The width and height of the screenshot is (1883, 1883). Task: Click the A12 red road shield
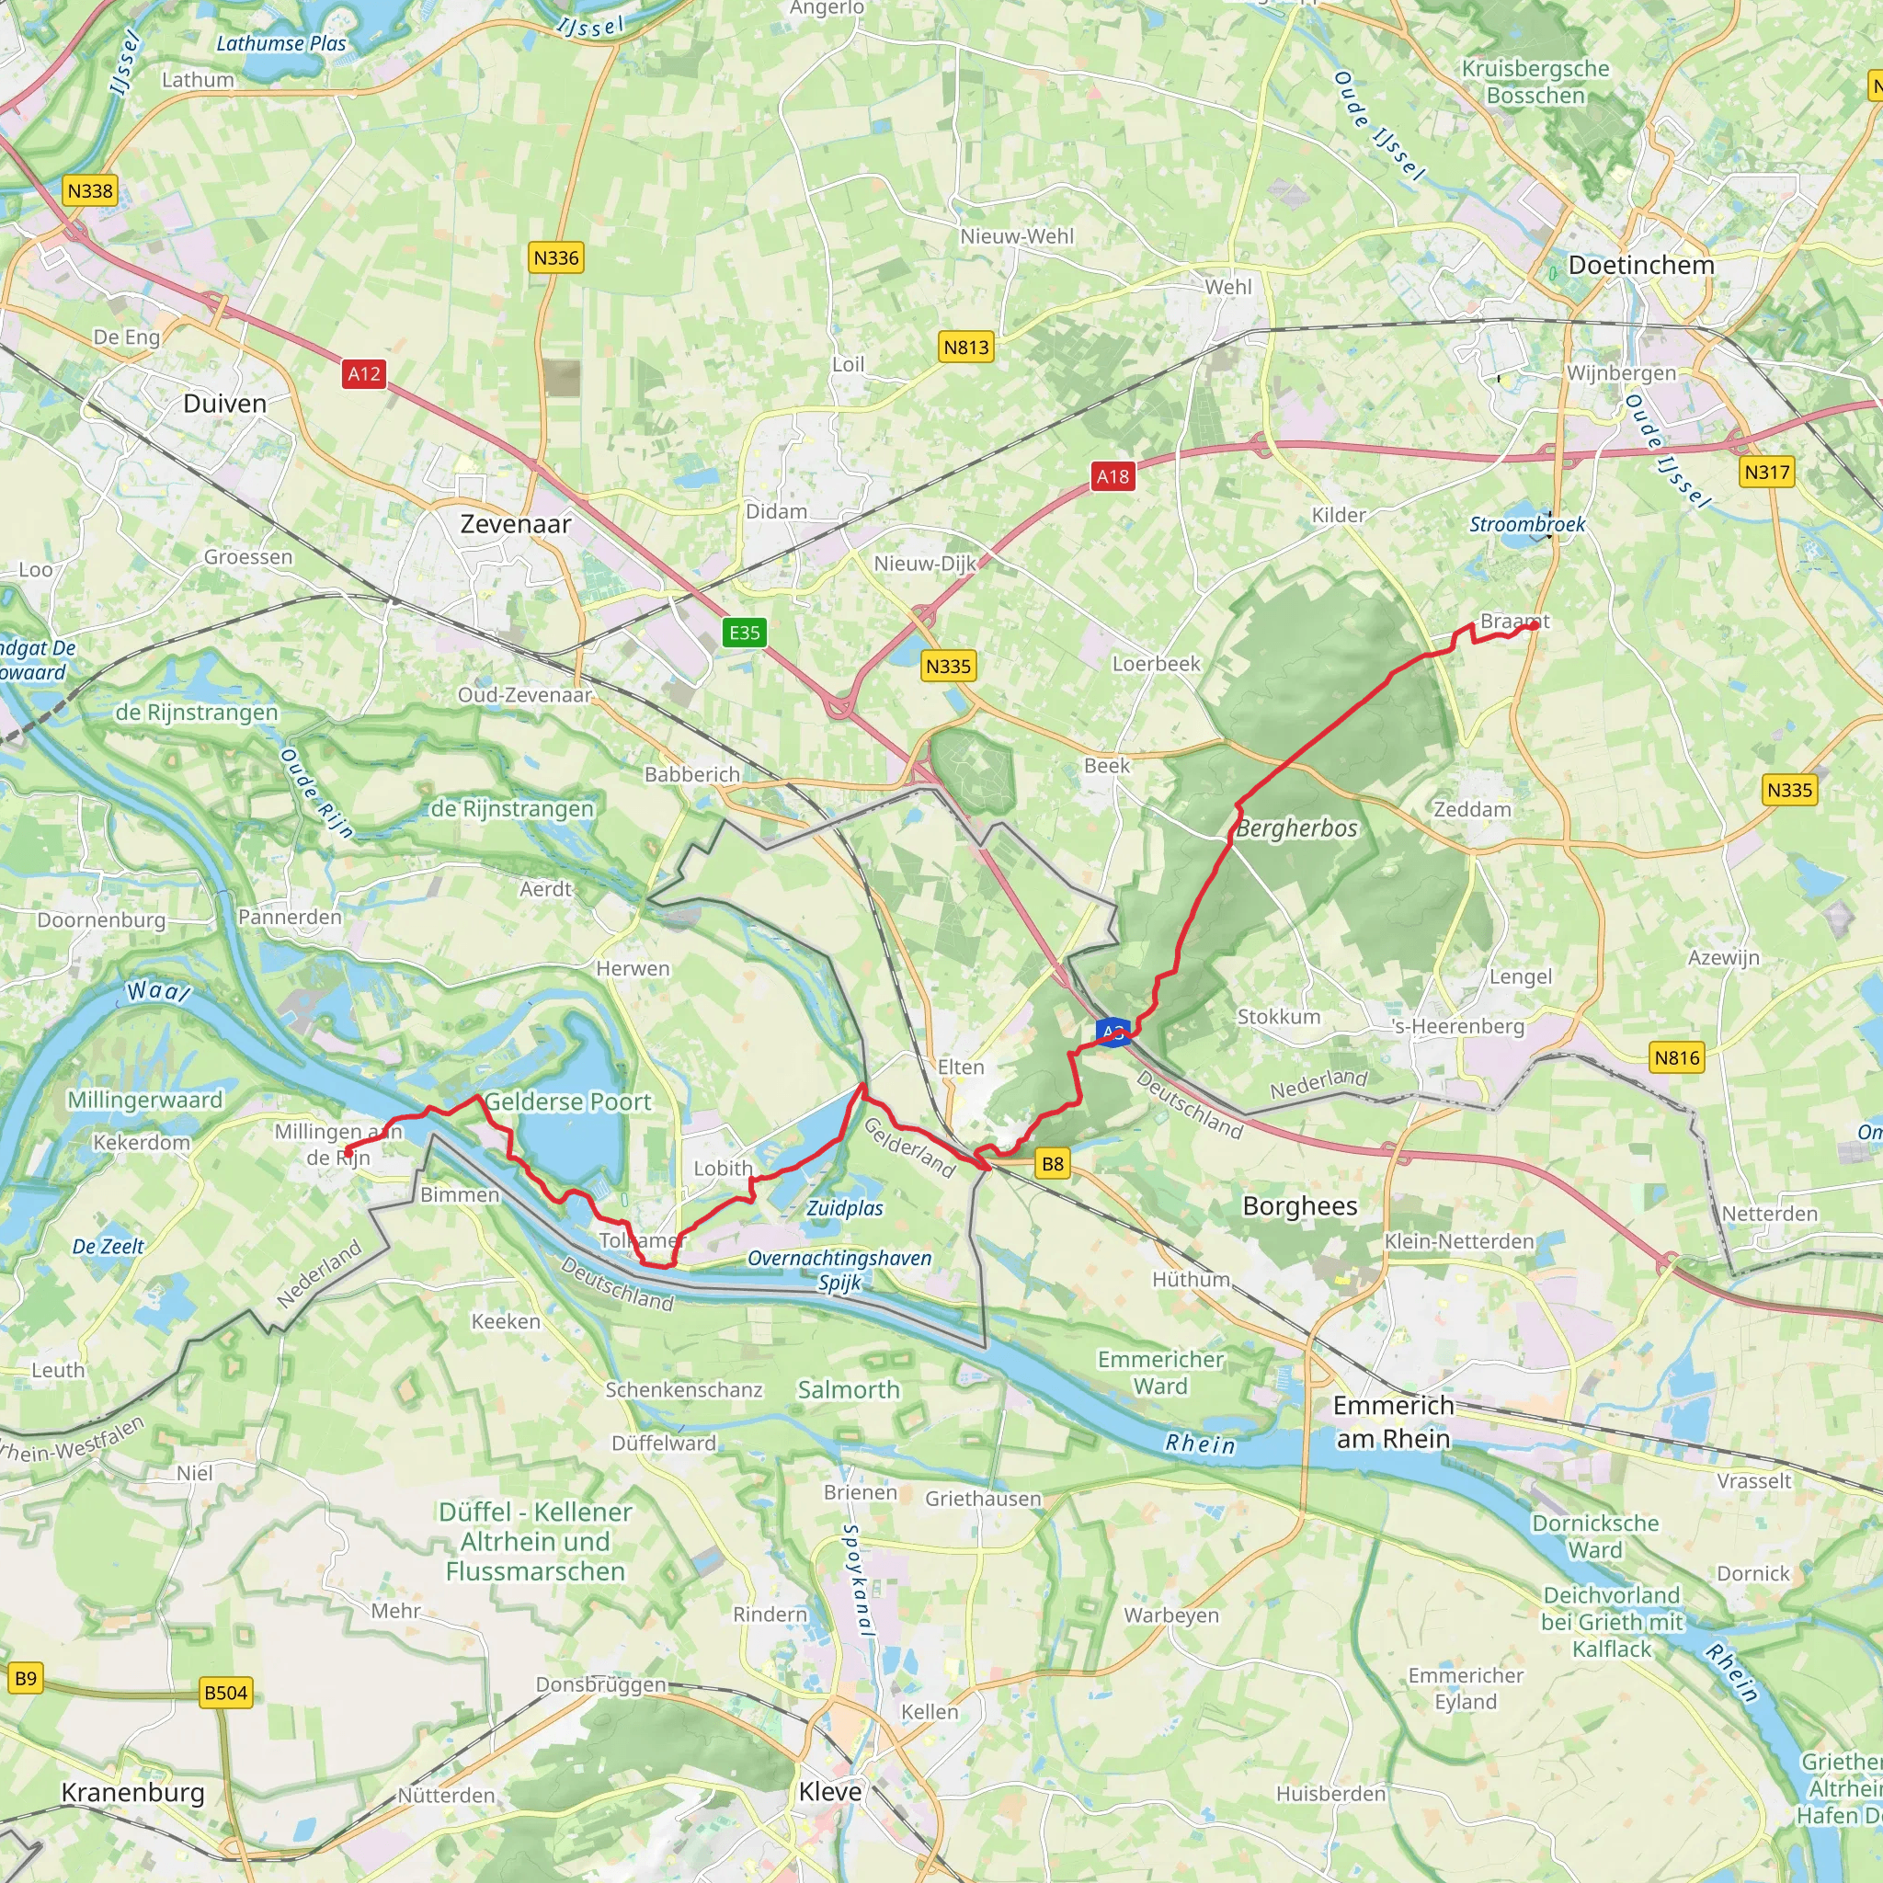[363, 373]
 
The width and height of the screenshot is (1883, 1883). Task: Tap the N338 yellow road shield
[90, 190]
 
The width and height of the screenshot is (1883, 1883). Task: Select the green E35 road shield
[745, 633]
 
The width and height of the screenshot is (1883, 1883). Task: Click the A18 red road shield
[1113, 475]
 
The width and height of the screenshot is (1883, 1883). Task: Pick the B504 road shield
[225, 1693]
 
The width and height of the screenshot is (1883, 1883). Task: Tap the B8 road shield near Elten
[1053, 1163]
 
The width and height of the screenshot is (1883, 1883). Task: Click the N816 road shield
[1676, 1057]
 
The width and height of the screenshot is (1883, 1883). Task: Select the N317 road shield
[1766, 473]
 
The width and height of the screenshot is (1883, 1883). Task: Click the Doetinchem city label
[1640, 265]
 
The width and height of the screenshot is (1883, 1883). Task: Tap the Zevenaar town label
[516, 524]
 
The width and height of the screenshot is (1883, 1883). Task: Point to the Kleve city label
[829, 1791]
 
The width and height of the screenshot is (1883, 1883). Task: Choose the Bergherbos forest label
[1296, 828]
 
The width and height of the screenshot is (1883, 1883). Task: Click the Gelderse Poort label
[567, 1102]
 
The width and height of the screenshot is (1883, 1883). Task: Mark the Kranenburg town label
[132, 1792]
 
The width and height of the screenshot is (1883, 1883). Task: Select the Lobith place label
[722, 1168]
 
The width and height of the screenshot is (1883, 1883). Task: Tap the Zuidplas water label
[845, 1207]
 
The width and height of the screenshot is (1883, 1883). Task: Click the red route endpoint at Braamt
[1533, 626]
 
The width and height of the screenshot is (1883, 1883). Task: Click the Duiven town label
[224, 404]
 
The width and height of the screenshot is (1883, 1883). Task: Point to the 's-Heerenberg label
[1458, 1026]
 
